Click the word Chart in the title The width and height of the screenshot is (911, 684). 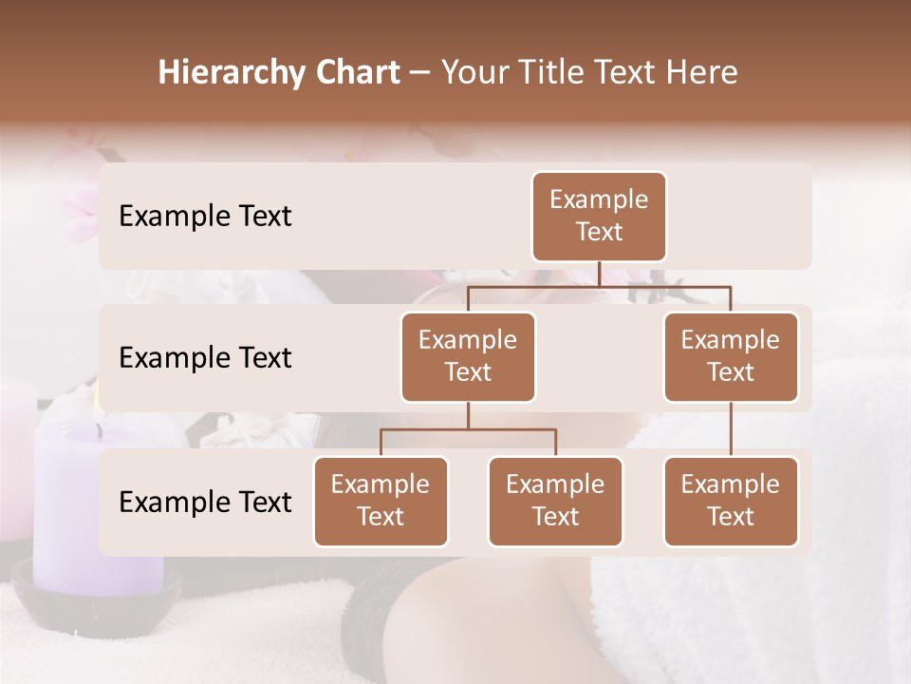[x=352, y=72]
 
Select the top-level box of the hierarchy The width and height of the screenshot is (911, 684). [x=599, y=217]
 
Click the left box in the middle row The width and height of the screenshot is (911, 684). [x=468, y=357]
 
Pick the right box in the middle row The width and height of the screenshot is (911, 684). [x=731, y=357]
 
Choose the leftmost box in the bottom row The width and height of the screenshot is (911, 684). [x=381, y=502]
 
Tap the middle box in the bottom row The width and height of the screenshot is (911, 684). [x=555, y=502]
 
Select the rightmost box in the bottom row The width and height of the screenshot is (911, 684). [x=731, y=502]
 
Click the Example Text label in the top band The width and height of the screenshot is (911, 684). [x=205, y=217]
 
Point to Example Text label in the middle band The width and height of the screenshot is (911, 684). [x=205, y=358]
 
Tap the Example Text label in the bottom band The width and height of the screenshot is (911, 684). [x=205, y=503]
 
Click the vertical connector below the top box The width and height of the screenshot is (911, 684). [x=599, y=274]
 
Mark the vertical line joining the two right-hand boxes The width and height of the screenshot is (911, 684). [x=731, y=429]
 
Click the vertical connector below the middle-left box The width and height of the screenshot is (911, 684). [x=468, y=416]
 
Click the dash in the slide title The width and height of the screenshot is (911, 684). [x=420, y=74]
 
